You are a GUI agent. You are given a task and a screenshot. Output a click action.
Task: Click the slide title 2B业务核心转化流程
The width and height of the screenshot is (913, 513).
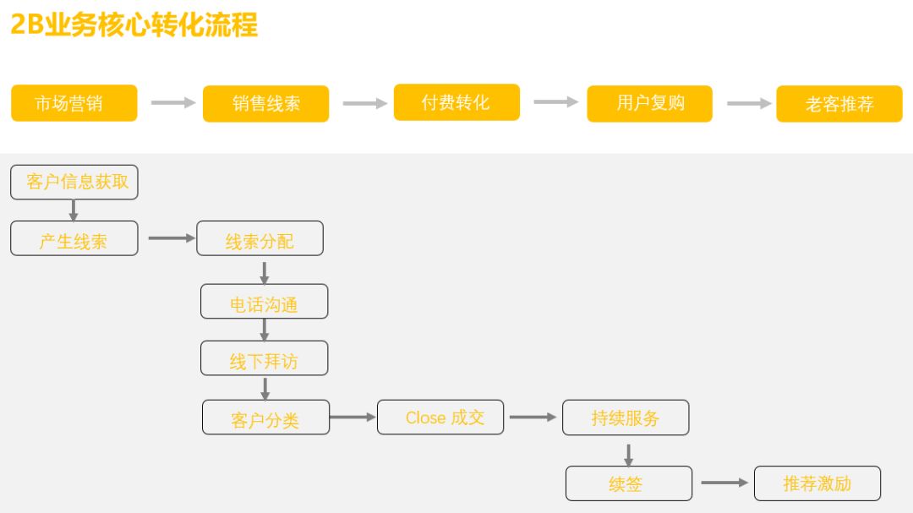point(134,25)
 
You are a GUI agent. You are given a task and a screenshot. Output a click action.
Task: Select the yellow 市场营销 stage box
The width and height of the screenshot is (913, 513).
point(74,103)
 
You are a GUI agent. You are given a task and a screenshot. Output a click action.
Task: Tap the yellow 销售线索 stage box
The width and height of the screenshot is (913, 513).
point(265,104)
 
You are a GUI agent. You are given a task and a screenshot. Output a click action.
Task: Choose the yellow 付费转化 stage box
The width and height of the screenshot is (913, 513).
point(456,102)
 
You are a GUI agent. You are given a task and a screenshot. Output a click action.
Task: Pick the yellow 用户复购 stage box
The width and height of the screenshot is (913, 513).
point(649,104)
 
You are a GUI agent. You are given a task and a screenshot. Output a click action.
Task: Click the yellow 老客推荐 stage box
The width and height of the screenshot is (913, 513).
point(839,104)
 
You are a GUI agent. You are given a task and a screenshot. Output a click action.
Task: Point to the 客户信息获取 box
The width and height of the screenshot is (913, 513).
point(74,183)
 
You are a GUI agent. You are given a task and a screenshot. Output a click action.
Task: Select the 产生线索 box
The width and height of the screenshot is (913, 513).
point(74,238)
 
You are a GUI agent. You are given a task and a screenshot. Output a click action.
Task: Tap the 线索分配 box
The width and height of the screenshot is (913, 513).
point(260,238)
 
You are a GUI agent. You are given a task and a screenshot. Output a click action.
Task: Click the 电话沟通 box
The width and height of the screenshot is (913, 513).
point(265,301)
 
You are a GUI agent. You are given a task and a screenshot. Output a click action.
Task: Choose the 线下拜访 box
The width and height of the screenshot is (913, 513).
point(265,358)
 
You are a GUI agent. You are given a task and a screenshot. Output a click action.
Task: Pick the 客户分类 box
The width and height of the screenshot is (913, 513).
point(265,417)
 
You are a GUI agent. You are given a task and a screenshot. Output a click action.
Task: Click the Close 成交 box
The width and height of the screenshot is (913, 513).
point(440,417)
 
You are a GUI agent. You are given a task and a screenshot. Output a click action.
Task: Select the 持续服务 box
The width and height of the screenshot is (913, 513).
point(626,417)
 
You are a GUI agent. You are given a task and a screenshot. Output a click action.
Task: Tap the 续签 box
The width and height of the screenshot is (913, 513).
point(629,483)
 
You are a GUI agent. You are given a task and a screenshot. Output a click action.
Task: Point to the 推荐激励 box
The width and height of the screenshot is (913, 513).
point(817,483)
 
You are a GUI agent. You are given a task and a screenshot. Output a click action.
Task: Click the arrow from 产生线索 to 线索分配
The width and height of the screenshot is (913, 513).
point(172,238)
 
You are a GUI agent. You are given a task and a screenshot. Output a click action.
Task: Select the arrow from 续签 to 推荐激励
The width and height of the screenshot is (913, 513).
point(724,483)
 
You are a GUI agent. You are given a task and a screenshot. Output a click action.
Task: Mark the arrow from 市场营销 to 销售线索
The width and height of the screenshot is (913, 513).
point(173,102)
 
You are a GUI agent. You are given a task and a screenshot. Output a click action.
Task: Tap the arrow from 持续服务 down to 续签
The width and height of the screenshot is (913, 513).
point(628,456)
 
